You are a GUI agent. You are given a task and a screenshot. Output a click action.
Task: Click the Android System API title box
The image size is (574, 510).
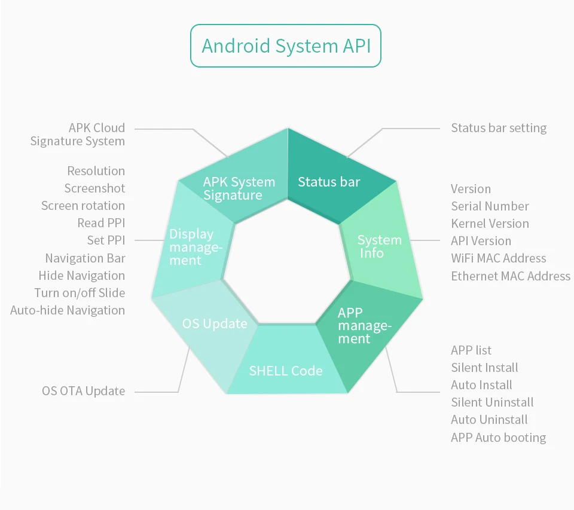pyautogui.click(x=286, y=46)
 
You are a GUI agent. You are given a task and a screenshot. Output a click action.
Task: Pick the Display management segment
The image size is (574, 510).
pyautogui.click(x=192, y=242)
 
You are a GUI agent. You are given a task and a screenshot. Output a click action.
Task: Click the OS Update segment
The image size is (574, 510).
pyautogui.click(x=209, y=329)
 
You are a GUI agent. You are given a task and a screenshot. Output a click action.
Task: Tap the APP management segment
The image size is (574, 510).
pyautogui.click(x=366, y=329)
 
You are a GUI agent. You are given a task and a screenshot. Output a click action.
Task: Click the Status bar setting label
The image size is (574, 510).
pyautogui.click(x=499, y=128)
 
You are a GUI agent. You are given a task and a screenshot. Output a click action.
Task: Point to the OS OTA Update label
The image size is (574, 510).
pyautogui.click(x=84, y=391)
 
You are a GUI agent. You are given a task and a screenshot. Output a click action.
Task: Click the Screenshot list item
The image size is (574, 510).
pyautogui.click(x=95, y=188)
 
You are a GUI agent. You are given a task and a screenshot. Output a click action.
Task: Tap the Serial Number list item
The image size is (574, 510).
pyautogui.click(x=490, y=206)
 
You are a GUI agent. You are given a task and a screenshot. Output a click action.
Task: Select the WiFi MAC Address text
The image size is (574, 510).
pyautogui.click(x=499, y=258)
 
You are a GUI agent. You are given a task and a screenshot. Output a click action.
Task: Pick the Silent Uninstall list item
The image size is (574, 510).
pyautogui.click(x=492, y=402)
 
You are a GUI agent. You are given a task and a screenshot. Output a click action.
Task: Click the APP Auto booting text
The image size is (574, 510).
pyautogui.click(x=498, y=438)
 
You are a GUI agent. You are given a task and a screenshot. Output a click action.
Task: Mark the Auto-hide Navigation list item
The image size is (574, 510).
pyautogui.click(x=68, y=310)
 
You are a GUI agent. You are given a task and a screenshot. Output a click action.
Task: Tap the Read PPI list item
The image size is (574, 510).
pyautogui.click(x=102, y=223)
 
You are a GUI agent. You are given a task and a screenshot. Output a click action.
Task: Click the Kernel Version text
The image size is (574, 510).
pyautogui.click(x=490, y=224)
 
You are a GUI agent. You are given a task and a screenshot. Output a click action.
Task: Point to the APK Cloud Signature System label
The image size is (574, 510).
pyautogui.click(x=78, y=135)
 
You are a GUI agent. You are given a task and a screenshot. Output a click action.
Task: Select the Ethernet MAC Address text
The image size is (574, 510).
pyautogui.click(x=511, y=276)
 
